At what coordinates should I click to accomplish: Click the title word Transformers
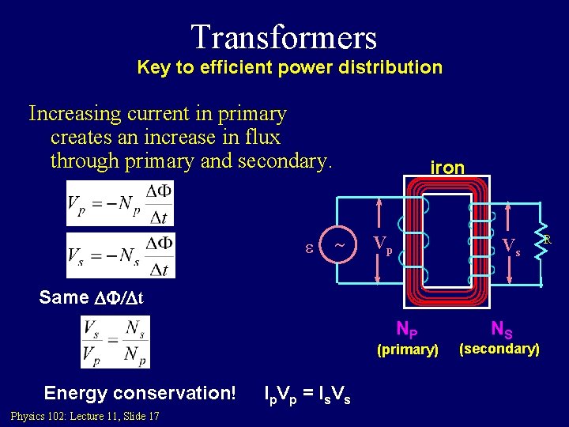click(284, 36)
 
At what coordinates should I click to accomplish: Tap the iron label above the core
click(447, 168)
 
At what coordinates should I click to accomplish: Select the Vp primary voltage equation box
click(119, 204)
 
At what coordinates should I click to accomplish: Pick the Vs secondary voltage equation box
click(120, 255)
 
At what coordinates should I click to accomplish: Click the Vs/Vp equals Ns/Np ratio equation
click(115, 342)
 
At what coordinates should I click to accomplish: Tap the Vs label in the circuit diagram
click(512, 247)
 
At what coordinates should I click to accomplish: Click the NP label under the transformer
click(408, 328)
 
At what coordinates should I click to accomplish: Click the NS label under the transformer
click(501, 327)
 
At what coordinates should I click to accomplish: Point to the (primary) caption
click(408, 350)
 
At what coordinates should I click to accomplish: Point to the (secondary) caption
click(500, 349)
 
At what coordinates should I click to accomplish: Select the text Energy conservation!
click(140, 394)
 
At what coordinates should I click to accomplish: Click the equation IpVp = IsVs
click(308, 395)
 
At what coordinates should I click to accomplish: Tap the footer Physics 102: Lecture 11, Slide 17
click(85, 416)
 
